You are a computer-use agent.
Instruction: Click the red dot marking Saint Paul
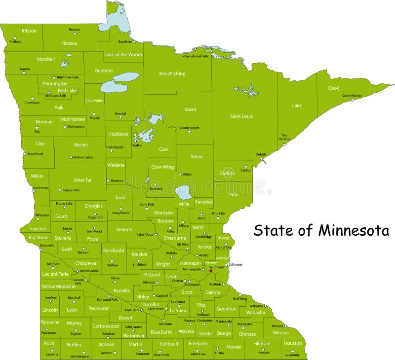pos(211,271)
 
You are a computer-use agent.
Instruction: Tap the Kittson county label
pos(29,31)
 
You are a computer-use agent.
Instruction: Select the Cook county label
pos(334,88)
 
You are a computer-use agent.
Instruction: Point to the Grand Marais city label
pos(352,95)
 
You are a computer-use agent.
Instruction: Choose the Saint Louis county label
pos(241,116)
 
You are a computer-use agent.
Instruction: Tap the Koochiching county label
pos(172,74)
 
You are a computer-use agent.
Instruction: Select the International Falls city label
pos(195,56)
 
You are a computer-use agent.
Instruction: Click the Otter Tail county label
pos(82,180)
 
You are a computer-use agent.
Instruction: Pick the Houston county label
pos(293,343)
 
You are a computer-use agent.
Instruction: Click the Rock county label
pos(49,344)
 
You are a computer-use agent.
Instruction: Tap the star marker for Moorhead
pos(24,153)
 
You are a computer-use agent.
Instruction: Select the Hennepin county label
pos(190,263)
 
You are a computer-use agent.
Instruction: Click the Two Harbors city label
pos(284,137)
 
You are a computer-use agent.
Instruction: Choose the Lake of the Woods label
pos(123,55)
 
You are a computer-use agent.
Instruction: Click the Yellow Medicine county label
pos(58,287)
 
